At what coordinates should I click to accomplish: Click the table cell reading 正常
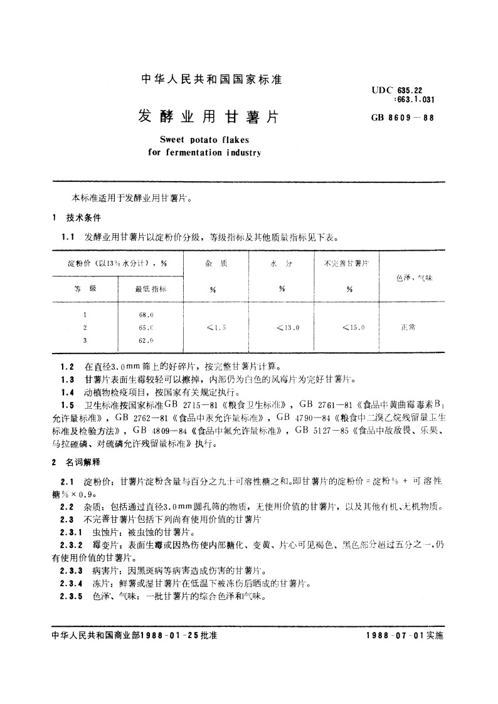tap(408, 327)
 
